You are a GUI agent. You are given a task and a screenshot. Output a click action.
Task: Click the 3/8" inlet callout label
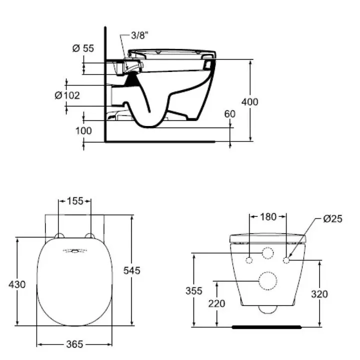(139, 35)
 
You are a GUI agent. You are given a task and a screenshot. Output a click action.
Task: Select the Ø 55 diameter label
(83, 48)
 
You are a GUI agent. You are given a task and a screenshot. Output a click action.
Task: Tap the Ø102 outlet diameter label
(67, 95)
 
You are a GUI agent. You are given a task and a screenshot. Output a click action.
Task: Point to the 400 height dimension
(250, 102)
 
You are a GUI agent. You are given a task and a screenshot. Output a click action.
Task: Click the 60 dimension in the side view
(230, 114)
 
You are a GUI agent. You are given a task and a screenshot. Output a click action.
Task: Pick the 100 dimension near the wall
(83, 131)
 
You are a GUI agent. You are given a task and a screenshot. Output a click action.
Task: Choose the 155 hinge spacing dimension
(75, 201)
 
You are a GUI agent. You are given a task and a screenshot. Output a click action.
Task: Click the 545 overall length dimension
(132, 270)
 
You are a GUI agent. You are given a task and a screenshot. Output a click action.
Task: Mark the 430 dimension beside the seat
(17, 284)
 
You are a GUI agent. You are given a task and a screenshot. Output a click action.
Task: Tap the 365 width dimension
(74, 344)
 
